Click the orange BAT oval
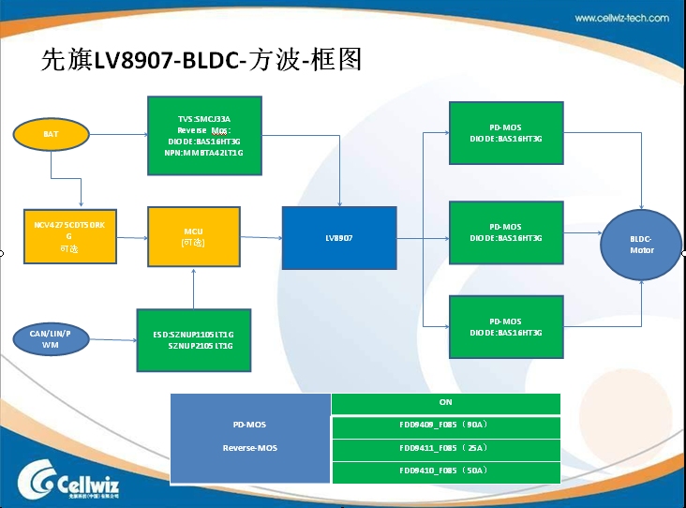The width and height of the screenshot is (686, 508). click(x=52, y=135)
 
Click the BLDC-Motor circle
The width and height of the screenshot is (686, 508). click(x=641, y=245)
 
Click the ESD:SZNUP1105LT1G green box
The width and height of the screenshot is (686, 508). click(x=194, y=339)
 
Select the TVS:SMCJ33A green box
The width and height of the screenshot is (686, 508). click(x=203, y=135)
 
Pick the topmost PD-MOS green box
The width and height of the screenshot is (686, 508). click(x=506, y=133)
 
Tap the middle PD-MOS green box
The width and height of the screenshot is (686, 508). click(x=506, y=232)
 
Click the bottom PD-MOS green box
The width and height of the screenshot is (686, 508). click(x=506, y=327)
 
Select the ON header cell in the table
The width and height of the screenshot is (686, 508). click(x=445, y=403)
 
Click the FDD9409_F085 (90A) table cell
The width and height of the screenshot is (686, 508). click(x=445, y=426)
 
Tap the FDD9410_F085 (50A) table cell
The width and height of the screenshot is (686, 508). click(x=445, y=471)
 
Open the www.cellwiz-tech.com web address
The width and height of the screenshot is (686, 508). click(x=621, y=18)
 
